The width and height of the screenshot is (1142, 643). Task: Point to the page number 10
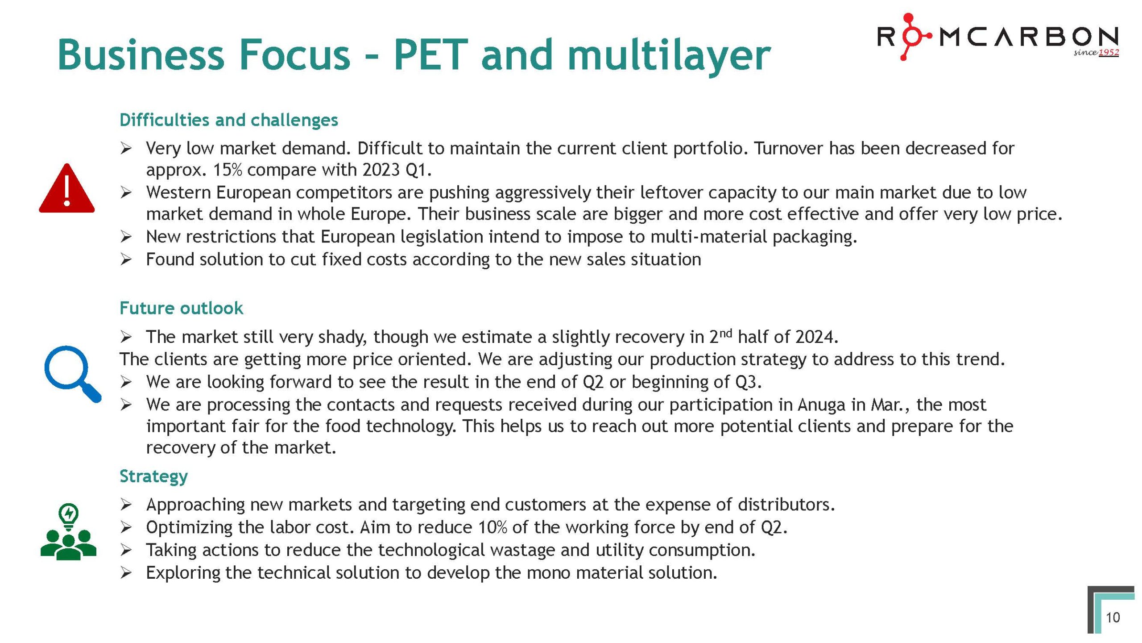1113,618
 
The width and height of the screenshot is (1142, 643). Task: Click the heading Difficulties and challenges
228,120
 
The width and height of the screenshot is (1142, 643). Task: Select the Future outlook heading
181,308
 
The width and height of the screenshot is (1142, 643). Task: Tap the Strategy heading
153,476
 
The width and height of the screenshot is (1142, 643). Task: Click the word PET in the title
430,55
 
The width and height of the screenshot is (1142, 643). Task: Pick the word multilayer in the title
669,55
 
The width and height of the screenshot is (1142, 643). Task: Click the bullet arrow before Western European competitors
126,193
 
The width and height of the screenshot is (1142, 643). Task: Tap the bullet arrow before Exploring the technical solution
126,573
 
